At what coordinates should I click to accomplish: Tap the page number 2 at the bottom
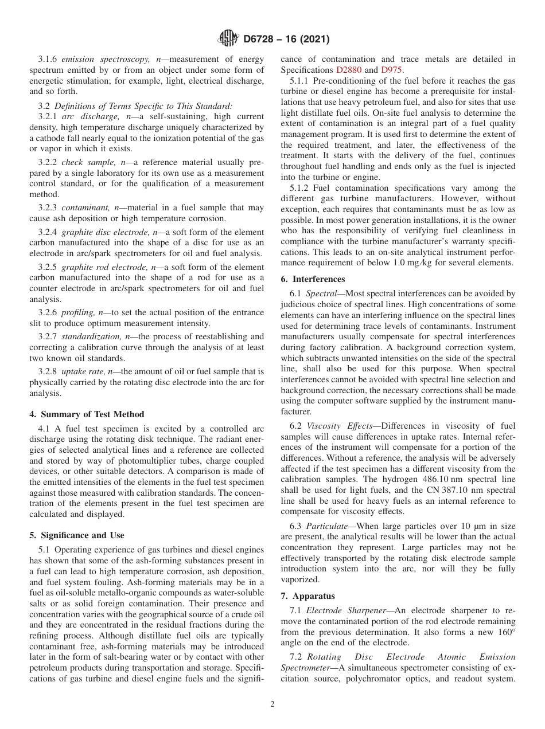(272, 704)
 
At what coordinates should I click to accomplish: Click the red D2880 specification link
(348, 70)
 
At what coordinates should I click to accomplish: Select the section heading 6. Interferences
(313, 279)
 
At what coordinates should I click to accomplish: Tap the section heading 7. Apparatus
(307, 596)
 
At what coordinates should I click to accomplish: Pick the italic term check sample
(84, 163)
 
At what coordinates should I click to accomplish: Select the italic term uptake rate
(81, 371)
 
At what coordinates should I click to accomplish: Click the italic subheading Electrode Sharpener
(342, 610)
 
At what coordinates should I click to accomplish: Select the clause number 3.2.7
(49, 336)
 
